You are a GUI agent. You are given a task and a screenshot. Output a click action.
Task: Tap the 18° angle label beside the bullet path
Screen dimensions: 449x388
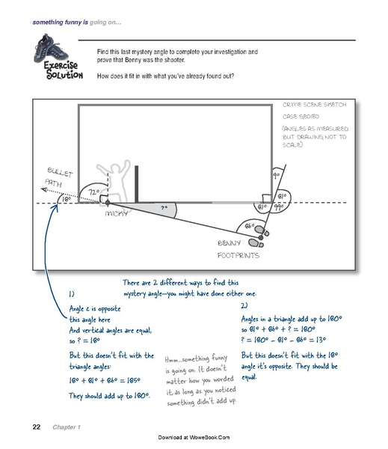(66, 200)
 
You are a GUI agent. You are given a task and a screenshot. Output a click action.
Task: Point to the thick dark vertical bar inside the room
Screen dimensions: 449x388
(137, 185)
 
